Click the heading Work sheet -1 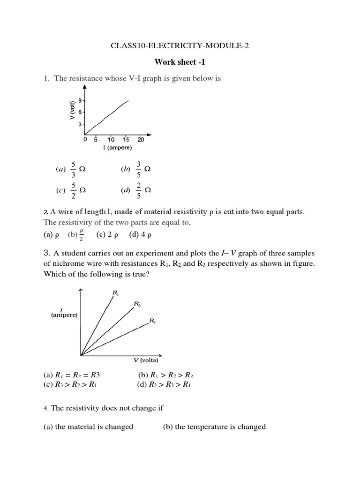click(x=180, y=62)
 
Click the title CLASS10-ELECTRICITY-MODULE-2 click(x=180, y=46)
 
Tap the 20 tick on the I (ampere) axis click(x=141, y=140)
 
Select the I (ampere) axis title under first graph click(x=118, y=148)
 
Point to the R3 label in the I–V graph click(x=152, y=321)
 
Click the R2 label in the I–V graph click(x=137, y=304)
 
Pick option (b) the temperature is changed click(x=214, y=427)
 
